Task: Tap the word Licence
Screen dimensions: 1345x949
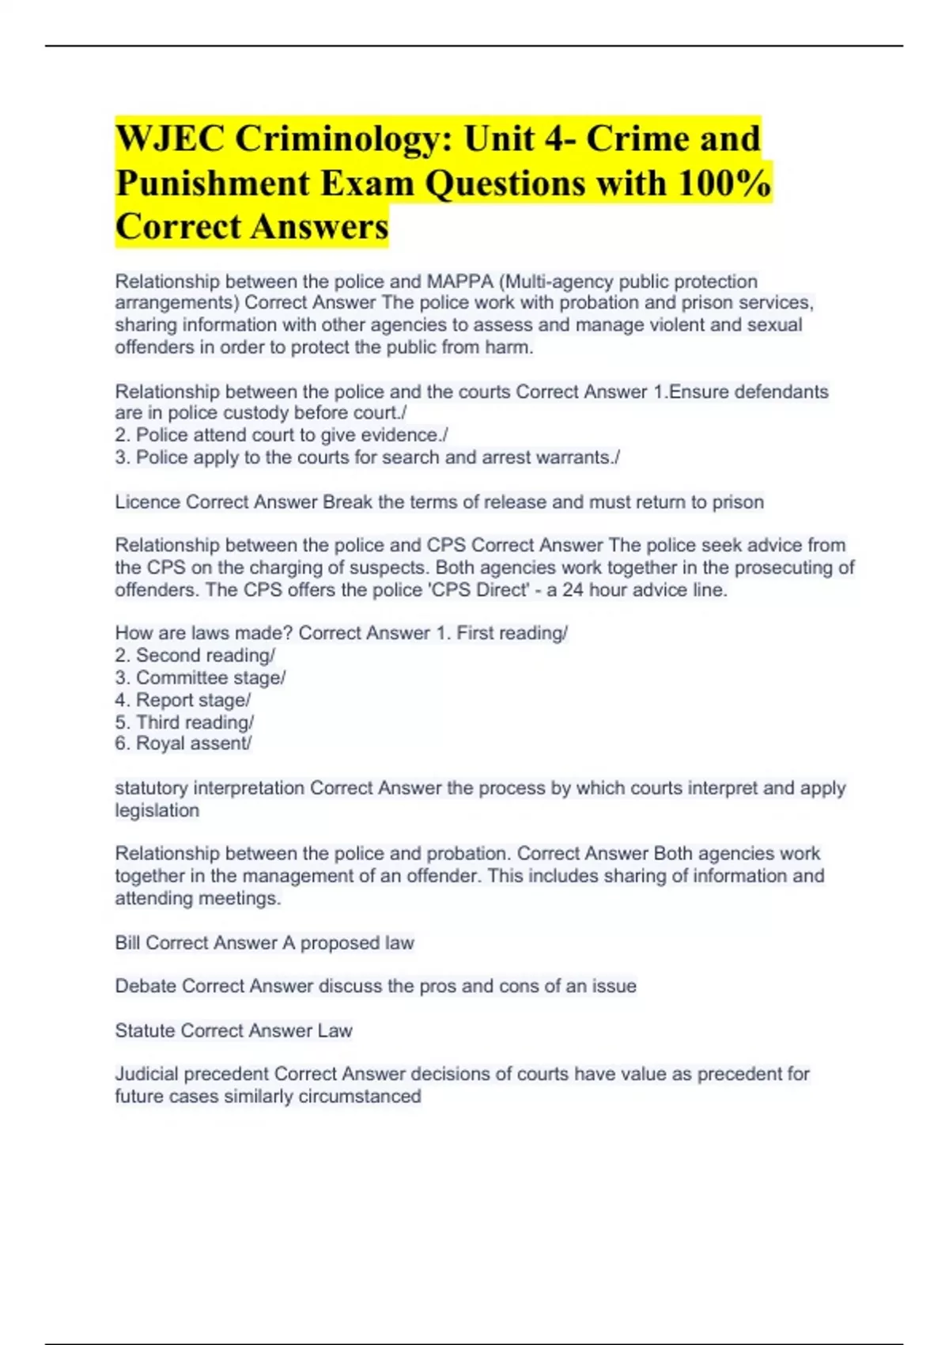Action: click(x=147, y=502)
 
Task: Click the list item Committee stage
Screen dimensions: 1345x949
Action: click(x=210, y=678)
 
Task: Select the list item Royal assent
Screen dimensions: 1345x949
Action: click(x=193, y=744)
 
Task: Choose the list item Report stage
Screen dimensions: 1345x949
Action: click(x=192, y=700)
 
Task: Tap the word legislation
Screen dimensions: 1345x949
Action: click(x=157, y=811)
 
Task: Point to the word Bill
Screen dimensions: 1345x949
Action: click(x=127, y=943)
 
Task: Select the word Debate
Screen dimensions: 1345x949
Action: click(x=146, y=987)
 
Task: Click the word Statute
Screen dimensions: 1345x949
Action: click(x=145, y=1031)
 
